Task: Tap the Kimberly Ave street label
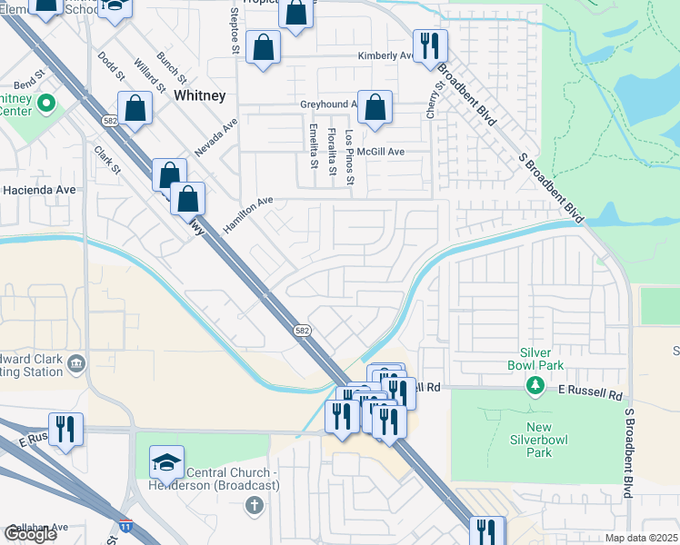pos(385,55)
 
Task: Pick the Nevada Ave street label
pos(215,135)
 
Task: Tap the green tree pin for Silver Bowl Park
pos(536,388)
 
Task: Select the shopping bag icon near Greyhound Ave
pos(375,108)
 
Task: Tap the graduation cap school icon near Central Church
pos(166,463)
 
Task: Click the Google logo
pos(30,534)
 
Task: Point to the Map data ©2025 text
pos(641,538)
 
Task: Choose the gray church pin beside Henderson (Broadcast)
pos(254,502)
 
